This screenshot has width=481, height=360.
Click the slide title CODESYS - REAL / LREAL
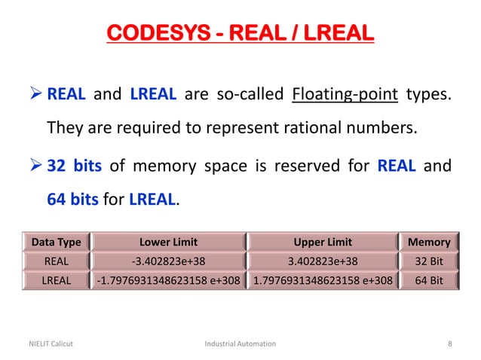(x=240, y=34)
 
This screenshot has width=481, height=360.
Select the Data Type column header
(x=56, y=243)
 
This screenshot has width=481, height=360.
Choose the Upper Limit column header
(x=323, y=243)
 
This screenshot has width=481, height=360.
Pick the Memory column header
(x=428, y=243)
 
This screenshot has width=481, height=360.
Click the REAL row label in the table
(x=56, y=262)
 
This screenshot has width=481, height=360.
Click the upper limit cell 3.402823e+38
(x=323, y=262)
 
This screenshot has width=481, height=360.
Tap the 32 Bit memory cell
(x=428, y=262)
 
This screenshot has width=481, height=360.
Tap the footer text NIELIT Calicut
(x=47, y=343)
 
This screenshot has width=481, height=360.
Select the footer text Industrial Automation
(x=240, y=343)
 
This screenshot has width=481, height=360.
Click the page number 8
(x=450, y=343)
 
